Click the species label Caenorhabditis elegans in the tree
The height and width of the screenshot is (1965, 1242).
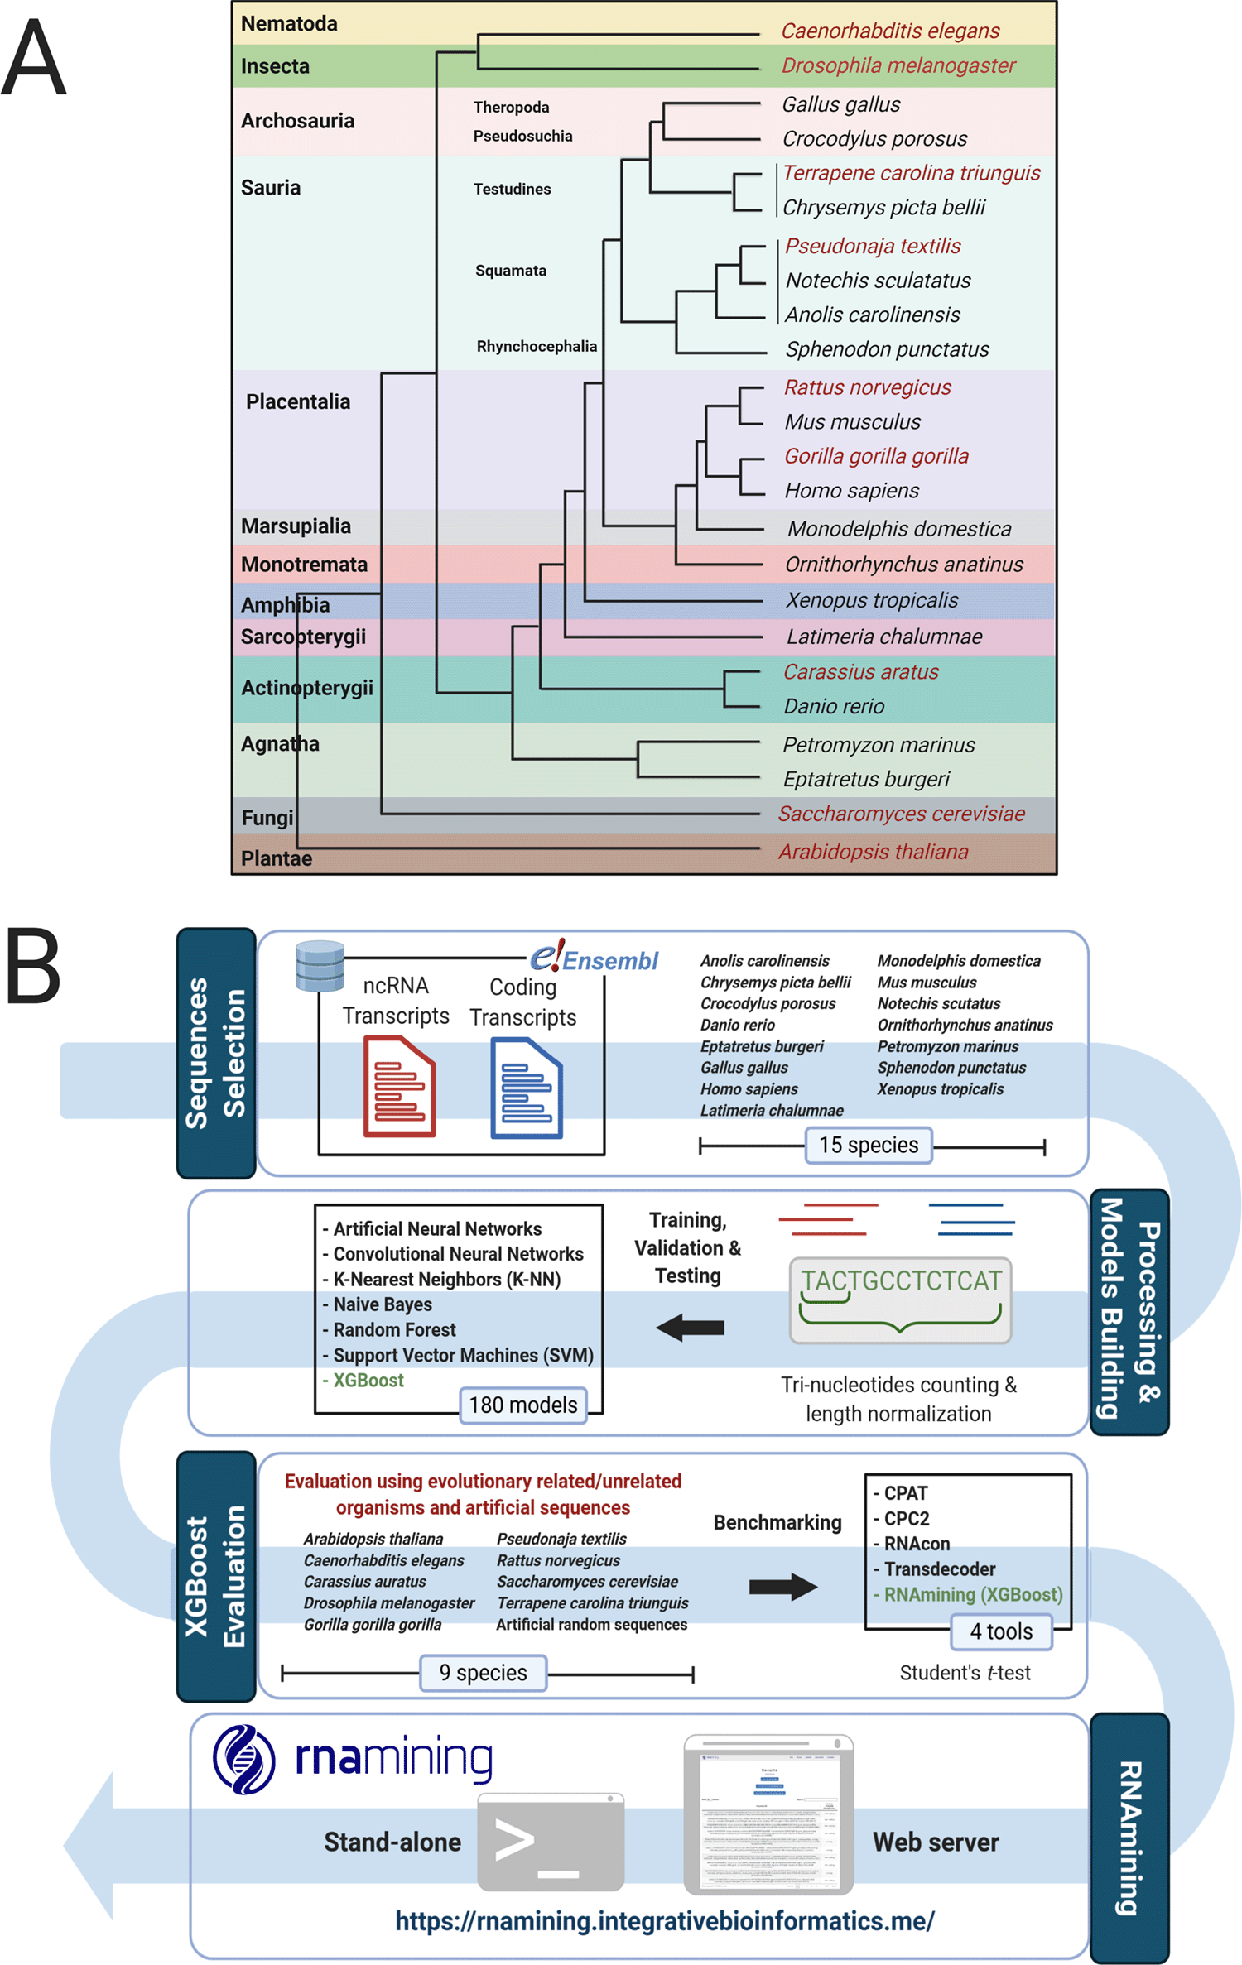click(890, 31)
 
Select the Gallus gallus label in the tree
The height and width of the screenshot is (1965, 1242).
click(840, 105)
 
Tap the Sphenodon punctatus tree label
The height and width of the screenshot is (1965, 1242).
click(887, 349)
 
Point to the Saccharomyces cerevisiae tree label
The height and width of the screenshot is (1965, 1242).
click(901, 814)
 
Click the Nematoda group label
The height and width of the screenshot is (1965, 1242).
click(289, 24)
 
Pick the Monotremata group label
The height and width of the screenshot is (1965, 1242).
click(304, 565)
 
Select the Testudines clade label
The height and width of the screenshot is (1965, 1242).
click(512, 189)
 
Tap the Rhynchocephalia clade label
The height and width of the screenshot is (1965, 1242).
click(537, 346)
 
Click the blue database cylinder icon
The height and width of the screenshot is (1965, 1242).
click(320, 966)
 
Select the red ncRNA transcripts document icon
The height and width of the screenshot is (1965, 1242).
click(399, 1086)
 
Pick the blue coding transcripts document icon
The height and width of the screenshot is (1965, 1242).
click(527, 1088)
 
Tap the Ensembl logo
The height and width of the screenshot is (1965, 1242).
click(595, 958)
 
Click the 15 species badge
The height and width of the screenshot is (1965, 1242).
click(869, 1145)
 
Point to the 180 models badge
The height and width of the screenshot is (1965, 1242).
click(523, 1405)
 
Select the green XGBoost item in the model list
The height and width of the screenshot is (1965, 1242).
click(368, 1380)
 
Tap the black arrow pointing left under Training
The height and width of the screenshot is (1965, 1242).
click(691, 1328)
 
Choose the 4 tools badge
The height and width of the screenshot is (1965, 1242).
click(1001, 1631)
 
